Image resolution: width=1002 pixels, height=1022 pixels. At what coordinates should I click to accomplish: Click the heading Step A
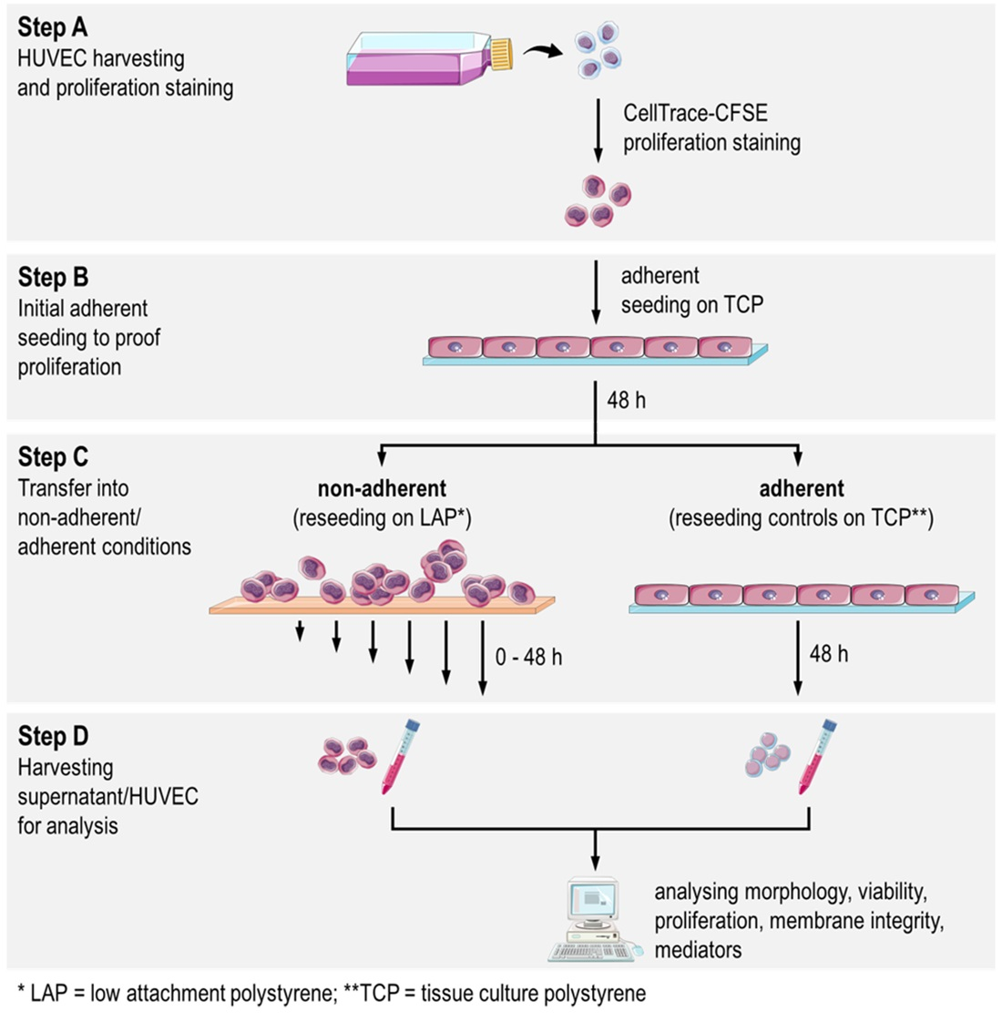(53, 27)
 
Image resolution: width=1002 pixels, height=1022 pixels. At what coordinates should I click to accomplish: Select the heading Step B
(53, 277)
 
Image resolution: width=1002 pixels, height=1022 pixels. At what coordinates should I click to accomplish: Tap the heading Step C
(54, 457)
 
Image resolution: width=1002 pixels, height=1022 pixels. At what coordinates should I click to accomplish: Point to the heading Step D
(54, 736)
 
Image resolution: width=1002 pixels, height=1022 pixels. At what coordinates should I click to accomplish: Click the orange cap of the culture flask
(502, 55)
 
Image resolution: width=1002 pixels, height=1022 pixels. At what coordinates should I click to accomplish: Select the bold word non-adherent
(382, 489)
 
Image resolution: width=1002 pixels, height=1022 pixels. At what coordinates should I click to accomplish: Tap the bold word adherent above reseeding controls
(802, 489)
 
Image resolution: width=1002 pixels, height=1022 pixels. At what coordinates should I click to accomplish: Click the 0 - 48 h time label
(528, 657)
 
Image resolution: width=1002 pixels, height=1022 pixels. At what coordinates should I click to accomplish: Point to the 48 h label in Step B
(626, 400)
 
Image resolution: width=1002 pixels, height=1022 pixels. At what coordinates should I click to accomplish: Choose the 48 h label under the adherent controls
(828, 654)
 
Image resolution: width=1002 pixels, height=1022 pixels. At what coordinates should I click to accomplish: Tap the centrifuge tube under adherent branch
(817, 756)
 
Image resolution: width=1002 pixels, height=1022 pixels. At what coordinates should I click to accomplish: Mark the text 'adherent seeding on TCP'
(691, 291)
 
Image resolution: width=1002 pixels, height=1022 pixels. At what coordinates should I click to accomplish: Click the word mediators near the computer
(698, 950)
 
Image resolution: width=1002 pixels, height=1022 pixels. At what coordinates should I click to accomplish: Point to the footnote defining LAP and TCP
(332, 993)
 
